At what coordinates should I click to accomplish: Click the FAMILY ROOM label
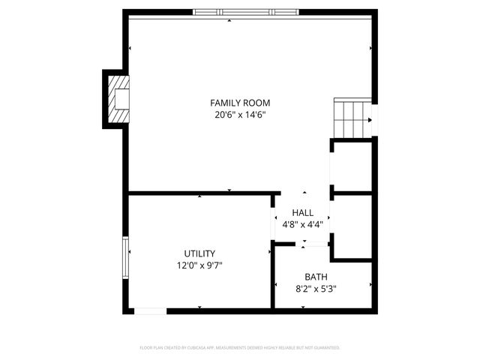(240, 103)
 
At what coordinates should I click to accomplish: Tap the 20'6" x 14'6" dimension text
(240, 115)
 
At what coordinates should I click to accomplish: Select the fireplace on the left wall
(118, 98)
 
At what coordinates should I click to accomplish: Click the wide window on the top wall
(244, 12)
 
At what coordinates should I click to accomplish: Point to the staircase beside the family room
(352, 118)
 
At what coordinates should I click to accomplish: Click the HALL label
(303, 212)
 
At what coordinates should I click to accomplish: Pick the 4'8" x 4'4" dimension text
(303, 224)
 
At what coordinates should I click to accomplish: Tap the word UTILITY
(199, 253)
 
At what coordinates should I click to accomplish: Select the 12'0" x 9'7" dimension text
(199, 265)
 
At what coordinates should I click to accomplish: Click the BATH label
(315, 277)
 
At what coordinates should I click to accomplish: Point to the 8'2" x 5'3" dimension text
(315, 289)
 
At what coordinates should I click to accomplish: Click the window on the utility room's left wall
(126, 256)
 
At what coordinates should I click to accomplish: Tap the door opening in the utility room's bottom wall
(151, 310)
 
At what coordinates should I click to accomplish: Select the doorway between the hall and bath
(302, 244)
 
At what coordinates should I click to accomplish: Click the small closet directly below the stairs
(352, 166)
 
